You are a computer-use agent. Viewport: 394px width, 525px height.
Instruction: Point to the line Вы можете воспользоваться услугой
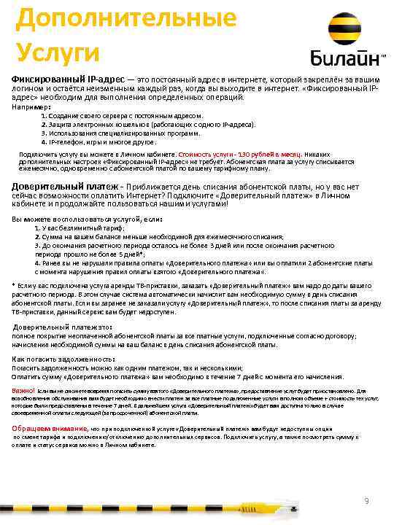pyautogui.click(x=88, y=219)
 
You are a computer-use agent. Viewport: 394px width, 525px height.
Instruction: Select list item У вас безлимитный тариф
pyautogui.click(x=77, y=227)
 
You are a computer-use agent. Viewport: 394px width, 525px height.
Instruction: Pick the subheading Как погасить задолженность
pyautogui.click(x=64, y=359)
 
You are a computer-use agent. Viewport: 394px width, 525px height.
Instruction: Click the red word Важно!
pyautogui.click(x=24, y=391)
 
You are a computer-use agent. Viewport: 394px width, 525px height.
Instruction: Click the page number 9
pyautogui.click(x=366, y=500)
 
